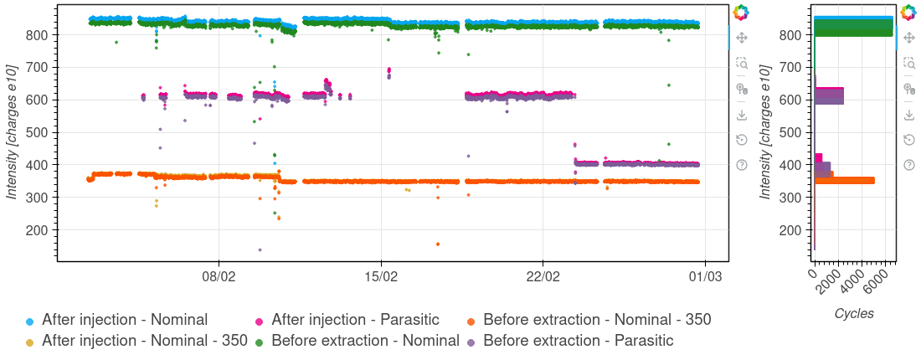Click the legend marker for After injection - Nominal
pos(29,321)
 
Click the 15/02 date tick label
pos(381,275)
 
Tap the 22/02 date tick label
pos(543,275)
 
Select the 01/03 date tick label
pos(704,275)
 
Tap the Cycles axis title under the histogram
pos(854,314)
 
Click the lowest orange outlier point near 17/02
pos(437,244)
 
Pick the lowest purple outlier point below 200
pos(260,249)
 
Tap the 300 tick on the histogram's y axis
pos(791,198)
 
